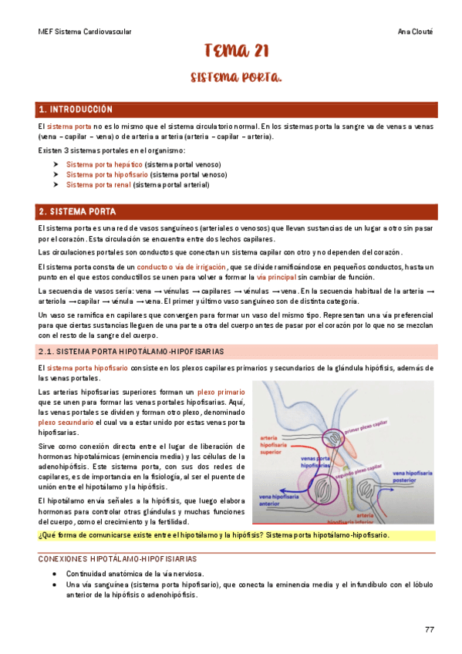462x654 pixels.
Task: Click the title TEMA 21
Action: click(x=236, y=52)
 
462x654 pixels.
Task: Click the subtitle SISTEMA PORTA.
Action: click(x=236, y=78)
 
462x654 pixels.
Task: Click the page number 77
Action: click(x=430, y=629)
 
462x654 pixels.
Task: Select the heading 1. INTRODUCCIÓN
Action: click(x=76, y=110)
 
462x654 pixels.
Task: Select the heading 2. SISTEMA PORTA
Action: click(x=78, y=211)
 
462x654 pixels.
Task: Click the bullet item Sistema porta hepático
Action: click(x=104, y=164)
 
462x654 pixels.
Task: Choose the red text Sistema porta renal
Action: click(x=99, y=184)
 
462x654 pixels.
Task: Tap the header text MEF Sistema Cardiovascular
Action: click(x=85, y=32)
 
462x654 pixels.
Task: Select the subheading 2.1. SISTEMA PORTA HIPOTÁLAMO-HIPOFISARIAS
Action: click(x=131, y=352)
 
